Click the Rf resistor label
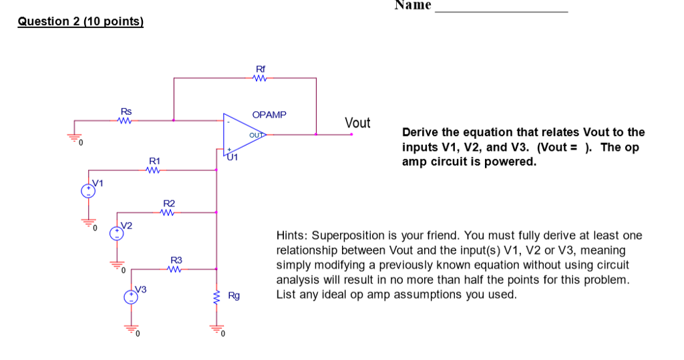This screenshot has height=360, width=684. (x=261, y=69)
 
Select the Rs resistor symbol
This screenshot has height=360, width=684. (x=124, y=121)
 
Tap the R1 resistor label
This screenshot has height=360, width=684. (x=154, y=161)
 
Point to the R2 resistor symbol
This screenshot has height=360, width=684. (x=168, y=213)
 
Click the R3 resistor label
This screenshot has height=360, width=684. (x=176, y=260)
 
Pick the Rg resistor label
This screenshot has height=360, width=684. (x=234, y=295)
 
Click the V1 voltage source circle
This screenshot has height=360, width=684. (x=88, y=191)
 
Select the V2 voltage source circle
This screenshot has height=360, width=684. (x=117, y=232)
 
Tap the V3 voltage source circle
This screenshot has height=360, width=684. (x=132, y=296)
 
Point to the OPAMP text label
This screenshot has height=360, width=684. (x=269, y=115)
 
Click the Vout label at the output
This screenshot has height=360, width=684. (x=357, y=123)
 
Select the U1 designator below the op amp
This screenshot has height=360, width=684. (x=232, y=158)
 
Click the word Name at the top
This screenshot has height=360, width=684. (x=413, y=5)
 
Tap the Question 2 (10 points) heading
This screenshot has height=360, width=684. (x=80, y=21)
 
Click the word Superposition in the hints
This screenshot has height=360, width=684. (x=343, y=236)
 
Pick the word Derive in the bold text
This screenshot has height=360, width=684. (x=419, y=132)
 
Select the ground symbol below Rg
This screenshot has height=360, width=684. (x=216, y=329)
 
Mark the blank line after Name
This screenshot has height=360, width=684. (x=501, y=11)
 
